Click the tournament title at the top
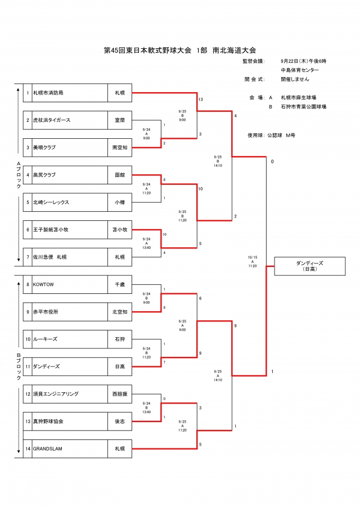pyautogui.click(x=180, y=51)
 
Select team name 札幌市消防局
pyautogui.click(x=52, y=93)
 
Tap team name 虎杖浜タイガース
pyautogui.click(x=51, y=120)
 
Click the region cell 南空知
pyautogui.click(x=119, y=148)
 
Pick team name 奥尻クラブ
pyautogui.click(x=44, y=175)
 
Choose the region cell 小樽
pyautogui.click(x=119, y=202)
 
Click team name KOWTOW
pyautogui.click(x=43, y=284)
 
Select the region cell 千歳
pyautogui.click(x=119, y=284)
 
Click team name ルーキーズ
pyautogui.click(x=45, y=339)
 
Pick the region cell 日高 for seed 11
pyautogui.click(x=119, y=366)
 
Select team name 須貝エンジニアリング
pyautogui.click(x=56, y=394)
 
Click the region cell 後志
pyautogui.click(x=119, y=421)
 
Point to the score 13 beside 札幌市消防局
pyautogui.click(x=200, y=99)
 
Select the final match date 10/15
pyautogui.click(x=252, y=257)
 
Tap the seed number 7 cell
pyautogui.click(x=27, y=257)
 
